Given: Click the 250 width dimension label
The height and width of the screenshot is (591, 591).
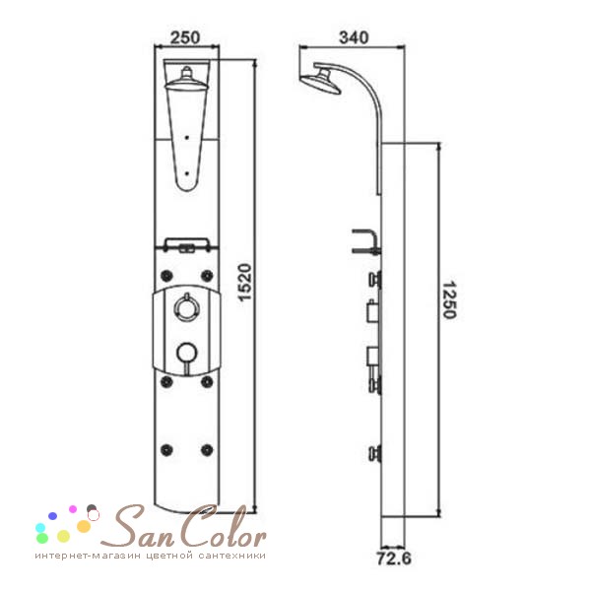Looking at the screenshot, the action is point(185,37).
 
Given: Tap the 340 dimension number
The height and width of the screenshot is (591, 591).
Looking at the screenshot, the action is point(354,37).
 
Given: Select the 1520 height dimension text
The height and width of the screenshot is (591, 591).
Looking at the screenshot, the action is point(245,282).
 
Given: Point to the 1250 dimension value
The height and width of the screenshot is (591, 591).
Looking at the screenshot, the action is point(449,300).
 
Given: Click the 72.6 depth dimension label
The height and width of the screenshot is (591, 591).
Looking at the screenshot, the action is point(394,558).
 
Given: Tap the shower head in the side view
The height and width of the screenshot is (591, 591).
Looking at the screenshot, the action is point(322,80).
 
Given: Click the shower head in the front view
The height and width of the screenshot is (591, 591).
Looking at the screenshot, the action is point(186,80).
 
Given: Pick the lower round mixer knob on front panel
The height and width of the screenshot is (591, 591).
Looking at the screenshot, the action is point(186,354).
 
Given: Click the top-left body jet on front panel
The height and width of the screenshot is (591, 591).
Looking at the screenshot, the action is point(166,276).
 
